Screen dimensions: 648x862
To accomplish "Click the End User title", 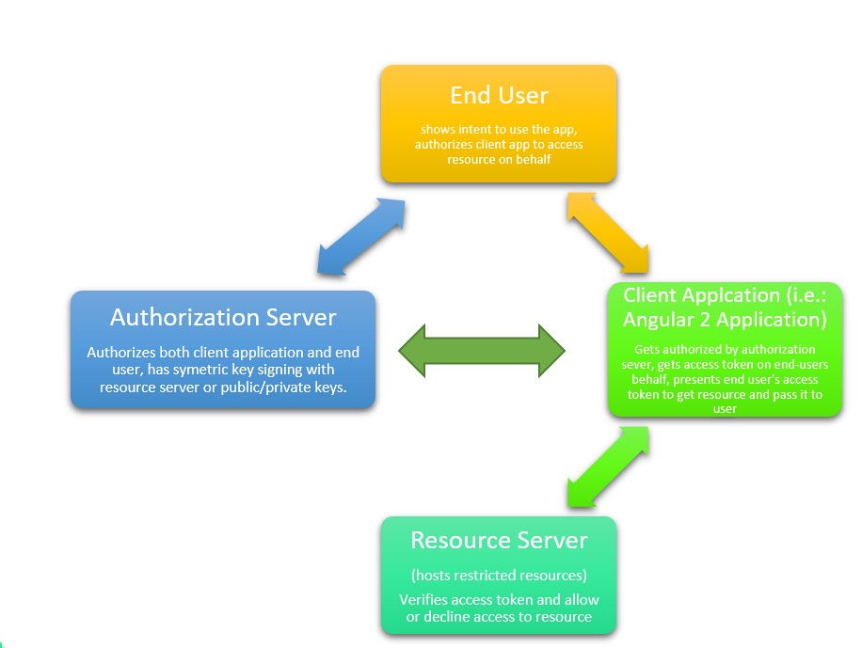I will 499,95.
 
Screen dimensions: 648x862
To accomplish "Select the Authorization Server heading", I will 223,317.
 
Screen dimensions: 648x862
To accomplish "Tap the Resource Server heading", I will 499,541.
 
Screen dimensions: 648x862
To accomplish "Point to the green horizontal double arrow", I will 482,352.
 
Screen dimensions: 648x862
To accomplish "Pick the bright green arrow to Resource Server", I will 608,466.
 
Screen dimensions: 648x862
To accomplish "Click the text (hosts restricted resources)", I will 499,575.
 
